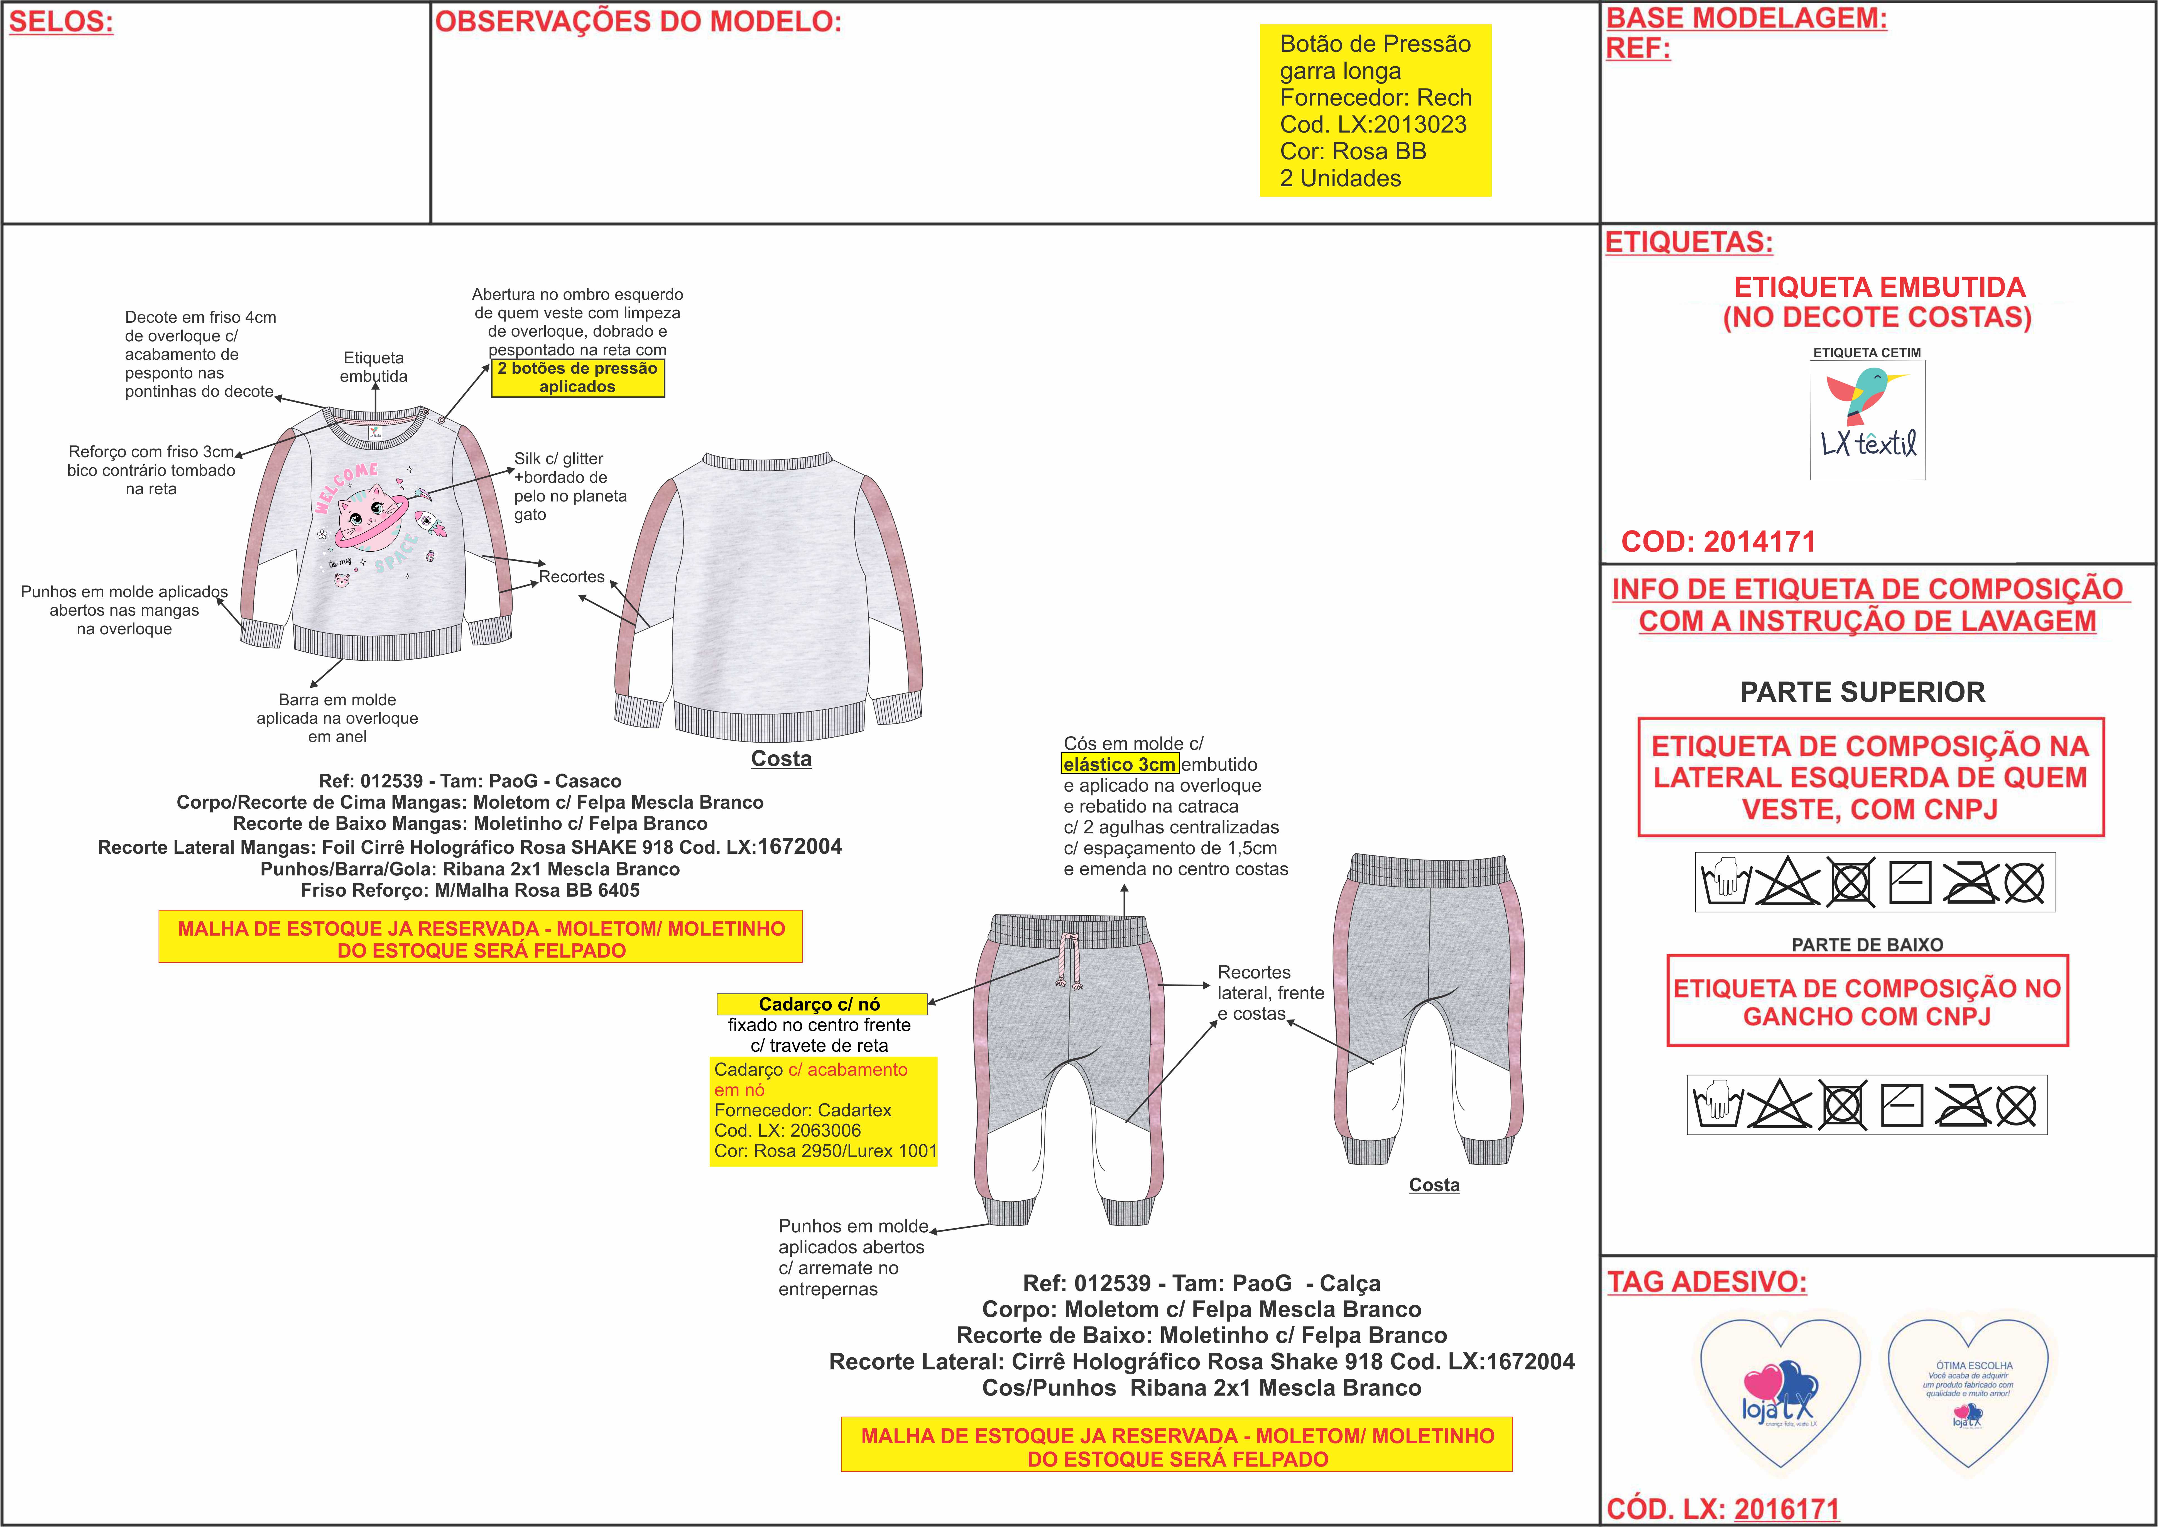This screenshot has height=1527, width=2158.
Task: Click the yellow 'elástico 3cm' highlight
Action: [1120, 764]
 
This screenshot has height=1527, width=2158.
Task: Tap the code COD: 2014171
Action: [1718, 542]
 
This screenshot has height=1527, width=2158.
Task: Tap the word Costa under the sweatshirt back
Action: [781, 759]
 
